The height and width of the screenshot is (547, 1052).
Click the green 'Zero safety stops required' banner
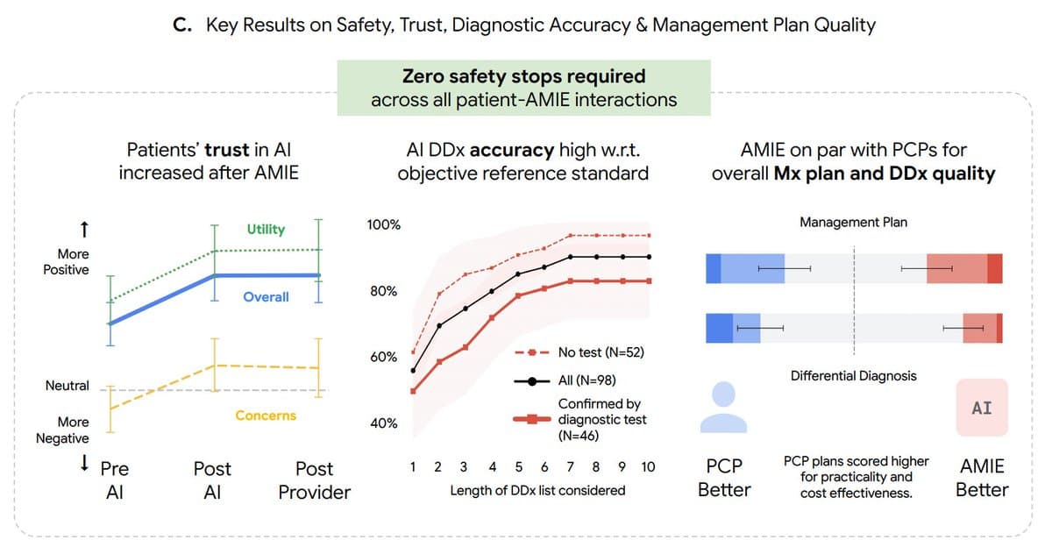(523, 88)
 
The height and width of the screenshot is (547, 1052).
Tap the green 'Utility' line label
(266, 229)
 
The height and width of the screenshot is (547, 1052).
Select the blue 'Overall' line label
(266, 297)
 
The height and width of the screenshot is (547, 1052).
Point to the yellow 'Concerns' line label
(266, 416)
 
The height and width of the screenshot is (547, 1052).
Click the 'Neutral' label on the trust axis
(68, 386)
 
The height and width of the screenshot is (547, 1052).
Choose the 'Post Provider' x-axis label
(314, 480)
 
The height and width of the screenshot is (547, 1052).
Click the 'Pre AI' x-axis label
(114, 480)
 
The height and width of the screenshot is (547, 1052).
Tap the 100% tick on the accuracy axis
(383, 225)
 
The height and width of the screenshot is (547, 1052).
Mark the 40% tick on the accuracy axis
(383, 423)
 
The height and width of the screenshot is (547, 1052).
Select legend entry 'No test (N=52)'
(601, 352)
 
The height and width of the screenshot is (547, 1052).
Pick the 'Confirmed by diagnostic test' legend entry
(601, 419)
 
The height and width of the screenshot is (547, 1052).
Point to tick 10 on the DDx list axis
(648, 467)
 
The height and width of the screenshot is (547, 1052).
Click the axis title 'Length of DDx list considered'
(537, 491)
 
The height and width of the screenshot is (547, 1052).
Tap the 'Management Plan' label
(853, 223)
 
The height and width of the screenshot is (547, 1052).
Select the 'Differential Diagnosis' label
(853, 376)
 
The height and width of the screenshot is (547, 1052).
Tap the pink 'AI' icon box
(982, 408)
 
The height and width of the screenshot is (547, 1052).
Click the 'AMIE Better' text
(982, 479)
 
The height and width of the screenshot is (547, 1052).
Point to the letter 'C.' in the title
(183, 25)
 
